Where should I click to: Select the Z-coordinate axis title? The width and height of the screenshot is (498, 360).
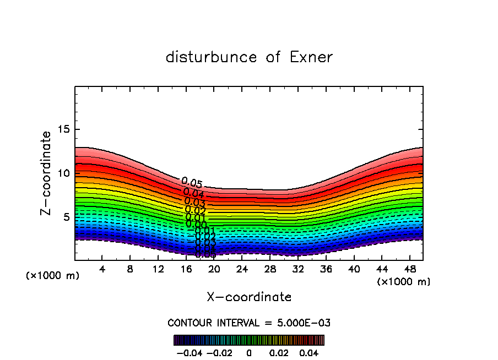click(47, 173)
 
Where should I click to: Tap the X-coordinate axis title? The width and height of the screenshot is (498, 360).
click(249, 297)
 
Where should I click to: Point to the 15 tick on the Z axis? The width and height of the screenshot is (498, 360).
click(64, 129)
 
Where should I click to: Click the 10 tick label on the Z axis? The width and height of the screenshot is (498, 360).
click(64, 173)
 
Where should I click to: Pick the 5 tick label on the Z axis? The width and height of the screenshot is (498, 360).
click(67, 217)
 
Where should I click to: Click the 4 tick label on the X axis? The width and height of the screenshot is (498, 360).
click(102, 269)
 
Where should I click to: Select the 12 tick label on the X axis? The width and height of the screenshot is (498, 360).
click(158, 269)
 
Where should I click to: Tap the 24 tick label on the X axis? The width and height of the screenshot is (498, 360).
click(242, 269)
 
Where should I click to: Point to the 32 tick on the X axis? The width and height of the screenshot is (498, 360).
click(298, 269)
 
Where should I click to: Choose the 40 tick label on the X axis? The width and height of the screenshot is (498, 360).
click(354, 269)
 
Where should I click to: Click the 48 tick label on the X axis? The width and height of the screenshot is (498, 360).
click(410, 269)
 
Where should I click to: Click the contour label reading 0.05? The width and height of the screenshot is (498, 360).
click(192, 183)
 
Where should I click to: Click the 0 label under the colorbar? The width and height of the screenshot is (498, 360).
click(249, 352)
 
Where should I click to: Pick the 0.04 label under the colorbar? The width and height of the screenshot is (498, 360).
click(309, 352)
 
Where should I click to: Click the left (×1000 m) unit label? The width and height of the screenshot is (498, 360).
click(53, 276)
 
